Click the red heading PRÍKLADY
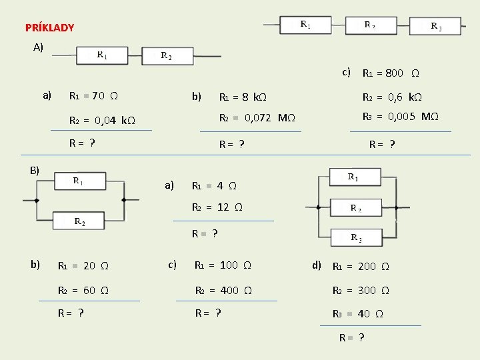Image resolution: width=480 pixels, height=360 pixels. (49, 28)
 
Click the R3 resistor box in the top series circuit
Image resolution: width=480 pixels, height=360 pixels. (435, 26)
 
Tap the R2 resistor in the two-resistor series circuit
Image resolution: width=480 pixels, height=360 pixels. (167, 56)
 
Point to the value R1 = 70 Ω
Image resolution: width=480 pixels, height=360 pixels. (94, 96)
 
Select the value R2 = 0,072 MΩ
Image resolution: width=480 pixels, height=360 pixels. (257, 119)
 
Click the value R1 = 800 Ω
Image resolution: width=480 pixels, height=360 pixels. (391, 73)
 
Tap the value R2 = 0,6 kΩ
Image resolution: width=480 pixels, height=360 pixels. (392, 97)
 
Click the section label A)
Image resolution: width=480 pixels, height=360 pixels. (38, 47)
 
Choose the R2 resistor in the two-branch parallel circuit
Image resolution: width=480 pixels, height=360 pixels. (79, 220)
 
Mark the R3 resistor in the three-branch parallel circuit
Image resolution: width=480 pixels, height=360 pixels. (356, 238)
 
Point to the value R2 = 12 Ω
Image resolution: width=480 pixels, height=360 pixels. (217, 207)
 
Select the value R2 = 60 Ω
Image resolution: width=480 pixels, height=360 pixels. (83, 291)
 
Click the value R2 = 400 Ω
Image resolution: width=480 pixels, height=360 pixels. (223, 291)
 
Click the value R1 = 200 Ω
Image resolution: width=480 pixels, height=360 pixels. (361, 267)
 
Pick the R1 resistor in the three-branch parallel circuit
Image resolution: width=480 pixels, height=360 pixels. (354, 177)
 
